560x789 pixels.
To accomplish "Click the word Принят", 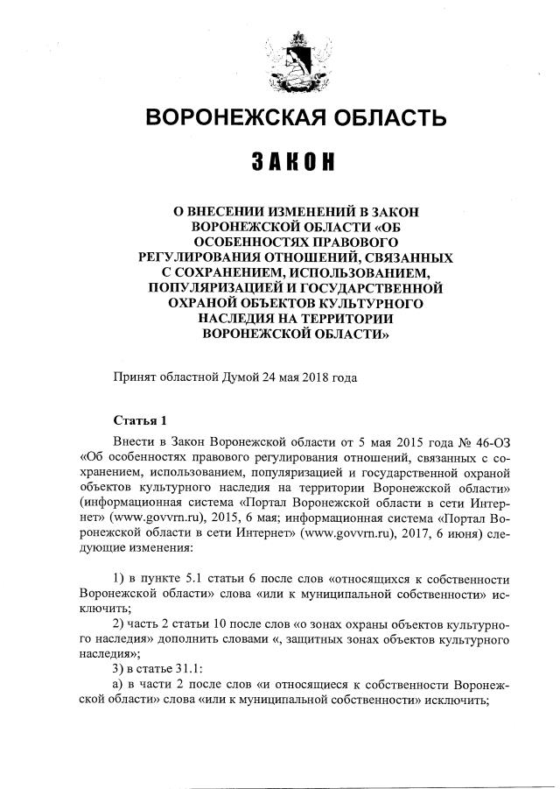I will (133, 378).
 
